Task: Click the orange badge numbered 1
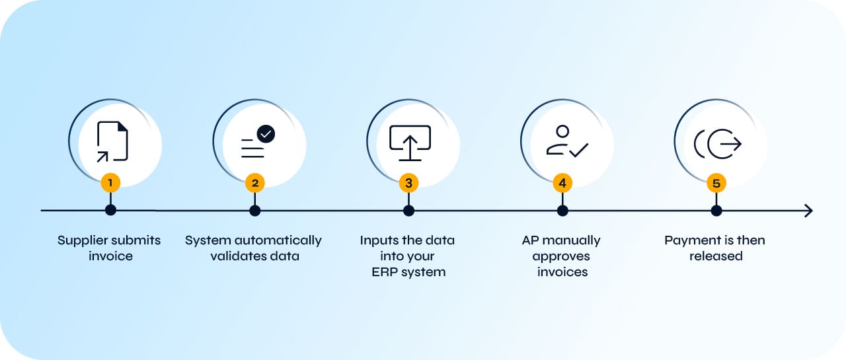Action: [x=110, y=182]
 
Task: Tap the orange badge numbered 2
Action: [x=255, y=182]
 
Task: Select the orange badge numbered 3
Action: [x=408, y=182]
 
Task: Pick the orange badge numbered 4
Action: [x=562, y=182]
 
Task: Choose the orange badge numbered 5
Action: [x=716, y=182]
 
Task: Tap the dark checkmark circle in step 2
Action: [x=266, y=133]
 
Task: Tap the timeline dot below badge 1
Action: [x=110, y=211]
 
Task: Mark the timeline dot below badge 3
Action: [x=408, y=211]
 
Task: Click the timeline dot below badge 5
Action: [x=716, y=211]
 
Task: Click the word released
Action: [x=716, y=256]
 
